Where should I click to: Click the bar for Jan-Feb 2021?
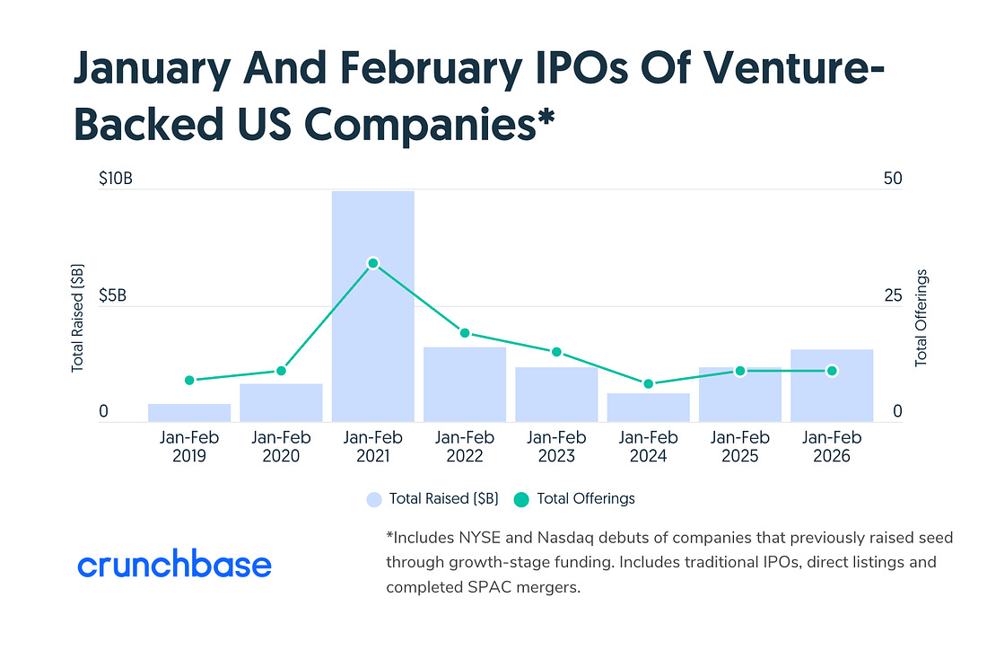click(x=373, y=306)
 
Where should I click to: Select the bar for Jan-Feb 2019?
click(x=189, y=413)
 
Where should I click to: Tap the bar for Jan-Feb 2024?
click(x=649, y=408)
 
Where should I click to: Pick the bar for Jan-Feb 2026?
click(x=832, y=385)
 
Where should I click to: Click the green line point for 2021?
click(x=373, y=263)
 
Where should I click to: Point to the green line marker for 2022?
click(x=465, y=333)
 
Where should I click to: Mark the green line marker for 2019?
click(x=189, y=380)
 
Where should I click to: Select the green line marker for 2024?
click(x=649, y=383)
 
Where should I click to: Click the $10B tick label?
click(x=116, y=179)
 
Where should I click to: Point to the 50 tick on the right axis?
click(x=893, y=179)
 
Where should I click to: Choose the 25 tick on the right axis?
click(x=893, y=295)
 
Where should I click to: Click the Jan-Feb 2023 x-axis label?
click(x=556, y=446)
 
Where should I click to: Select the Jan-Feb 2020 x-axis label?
click(x=281, y=446)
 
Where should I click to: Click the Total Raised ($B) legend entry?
click(x=432, y=498)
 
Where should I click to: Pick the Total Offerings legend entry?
click(x=574, y=498)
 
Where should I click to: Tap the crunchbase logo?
click(x=174, y=566)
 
